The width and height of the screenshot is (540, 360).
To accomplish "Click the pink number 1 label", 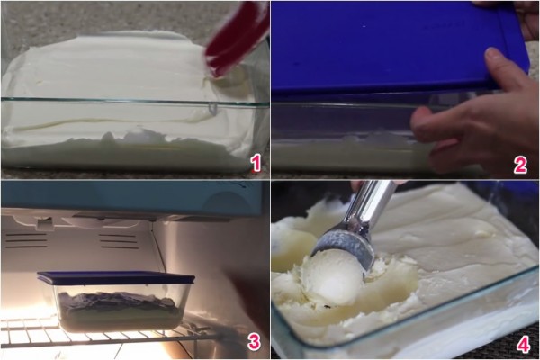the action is pos(256,163).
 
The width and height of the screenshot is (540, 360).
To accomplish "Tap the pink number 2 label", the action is pos(520,165).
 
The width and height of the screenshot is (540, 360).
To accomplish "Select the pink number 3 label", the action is pos(254,341).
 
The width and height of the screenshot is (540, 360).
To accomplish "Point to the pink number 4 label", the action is pos(524,345).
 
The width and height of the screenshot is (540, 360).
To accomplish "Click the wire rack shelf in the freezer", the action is pos(103,336).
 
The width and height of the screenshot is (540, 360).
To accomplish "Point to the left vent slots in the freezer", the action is pos(26,240).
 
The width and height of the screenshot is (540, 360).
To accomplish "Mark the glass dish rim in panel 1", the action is pos(134,102).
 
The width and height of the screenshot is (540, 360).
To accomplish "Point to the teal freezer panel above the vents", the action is pos(130,198).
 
